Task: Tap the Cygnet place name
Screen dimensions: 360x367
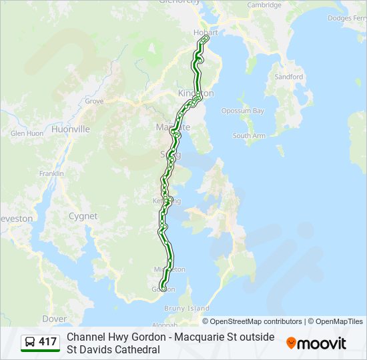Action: (x=82, y=216)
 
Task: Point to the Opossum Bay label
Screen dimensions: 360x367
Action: (x=243, y=111)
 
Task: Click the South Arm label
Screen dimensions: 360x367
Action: (x=249, y=135)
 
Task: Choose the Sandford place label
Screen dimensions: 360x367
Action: (x=288, y=77)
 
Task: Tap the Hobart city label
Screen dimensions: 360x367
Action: (x=206, y=32)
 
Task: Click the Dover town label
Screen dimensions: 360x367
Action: (x=54, y=319)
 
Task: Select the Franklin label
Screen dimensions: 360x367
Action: (x=51, y=173)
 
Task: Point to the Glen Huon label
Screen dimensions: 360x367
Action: (x=27, y=133)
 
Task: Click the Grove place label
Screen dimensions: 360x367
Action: (x=94, y=101)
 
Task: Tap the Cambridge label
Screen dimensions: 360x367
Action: (x=264, y=5)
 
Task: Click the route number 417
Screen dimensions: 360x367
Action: (x=47, y=343)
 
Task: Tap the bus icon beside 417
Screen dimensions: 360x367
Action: (x=30, y=343)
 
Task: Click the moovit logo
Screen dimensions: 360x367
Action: (x=316, y=343)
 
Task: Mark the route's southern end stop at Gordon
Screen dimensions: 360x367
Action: (x=163, y=288)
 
